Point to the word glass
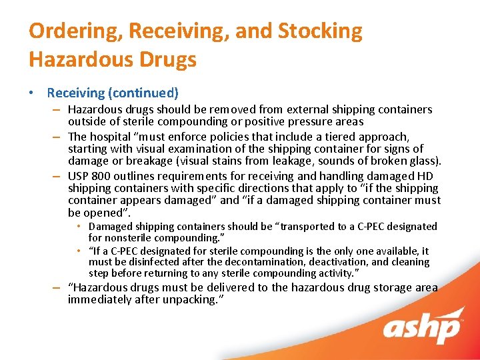pyautogui.click(x=426, y=161)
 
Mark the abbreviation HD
pyautogui.click(x=425, y=176)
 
